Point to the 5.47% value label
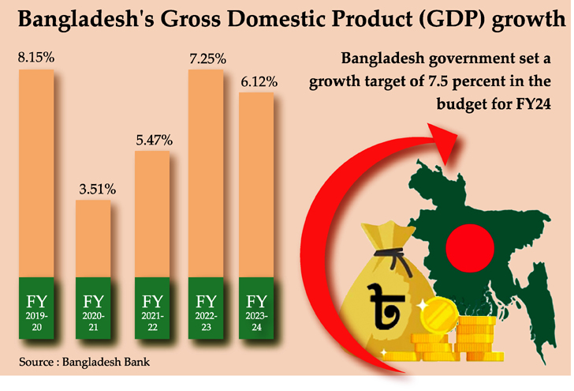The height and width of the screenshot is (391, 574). [153, 140]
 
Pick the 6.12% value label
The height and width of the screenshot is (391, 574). [257, 81]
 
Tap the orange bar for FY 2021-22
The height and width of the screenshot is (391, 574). [153, 213]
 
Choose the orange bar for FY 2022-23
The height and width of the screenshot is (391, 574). [206, 174]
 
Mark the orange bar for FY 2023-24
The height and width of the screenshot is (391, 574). [257, 185]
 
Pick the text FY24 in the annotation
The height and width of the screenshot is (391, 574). [531, 103]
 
